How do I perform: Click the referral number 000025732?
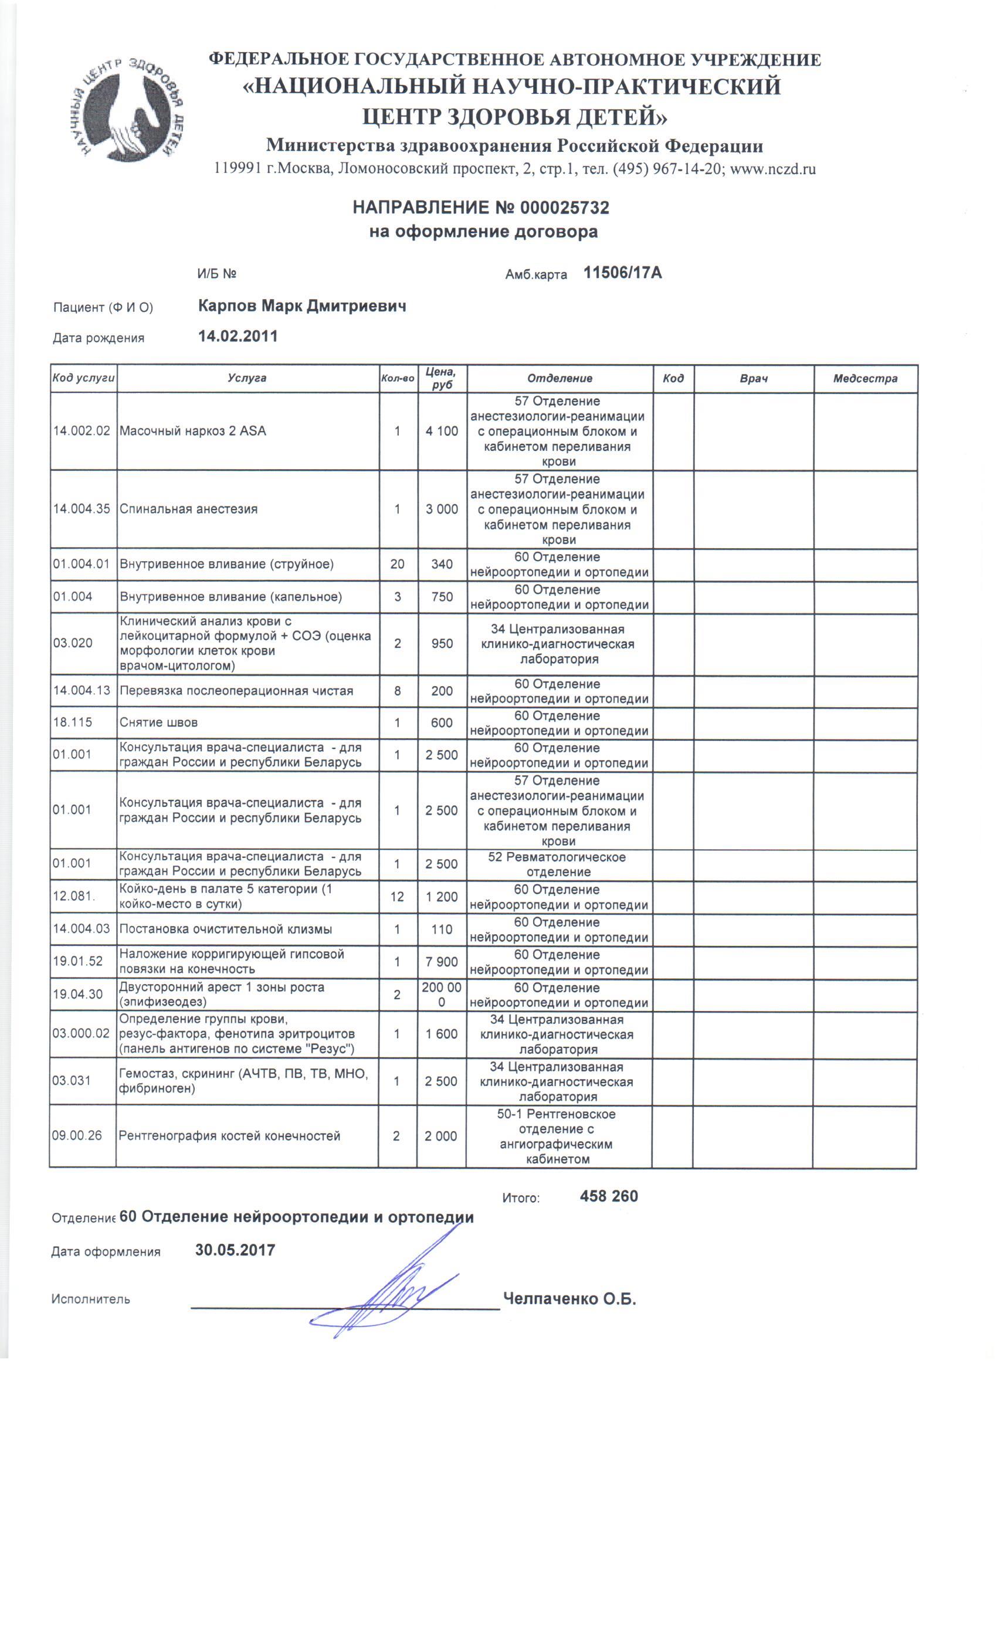(x=564, y=208)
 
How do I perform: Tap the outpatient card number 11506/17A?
(x=622, y=273)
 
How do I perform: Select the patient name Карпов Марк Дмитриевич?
(x=302, y=306)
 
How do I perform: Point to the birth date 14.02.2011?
(x=238, y=336)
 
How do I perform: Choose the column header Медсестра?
(x=864, y=378)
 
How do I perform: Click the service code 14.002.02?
(x=82, y=431)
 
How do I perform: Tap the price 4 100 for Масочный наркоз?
(x=442, y=431)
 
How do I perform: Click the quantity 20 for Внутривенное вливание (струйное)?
(x=397, y=564)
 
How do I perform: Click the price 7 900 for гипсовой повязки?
(x=442, y=962)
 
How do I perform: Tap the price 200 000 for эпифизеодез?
(x=442, y=994)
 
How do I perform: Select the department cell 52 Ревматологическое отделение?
(x=558, y=864)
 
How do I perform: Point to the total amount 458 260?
(x=609, y=1196)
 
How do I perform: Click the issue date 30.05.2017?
(x=235, y=1250)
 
